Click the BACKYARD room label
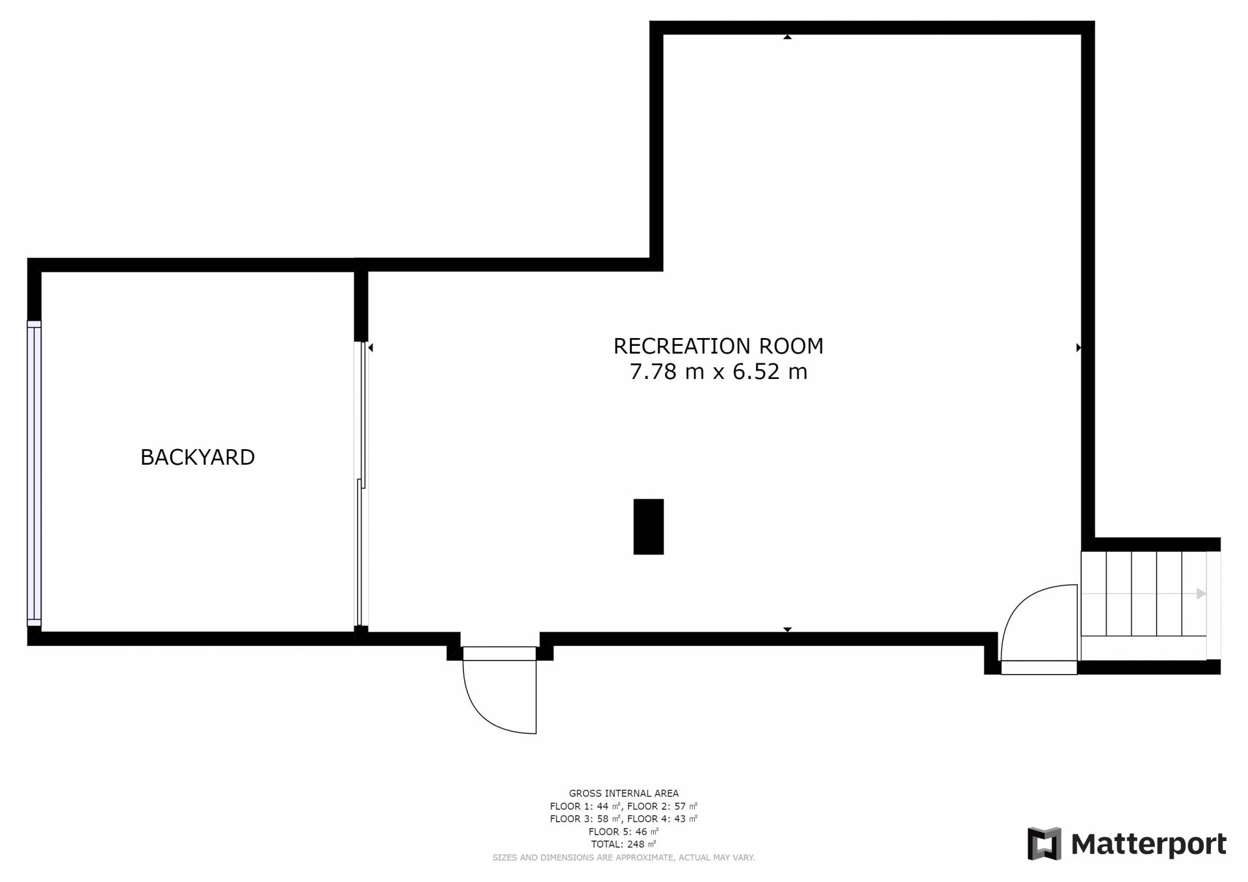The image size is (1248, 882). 198,458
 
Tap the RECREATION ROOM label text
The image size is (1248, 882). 718,346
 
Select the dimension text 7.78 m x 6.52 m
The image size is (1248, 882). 718,372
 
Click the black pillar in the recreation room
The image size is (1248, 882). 649,526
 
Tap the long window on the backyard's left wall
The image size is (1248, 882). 34,473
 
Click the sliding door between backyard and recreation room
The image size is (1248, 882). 361,484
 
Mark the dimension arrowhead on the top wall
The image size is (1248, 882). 787,37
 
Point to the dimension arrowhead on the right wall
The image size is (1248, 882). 1078,348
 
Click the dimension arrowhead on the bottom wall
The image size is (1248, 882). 787,629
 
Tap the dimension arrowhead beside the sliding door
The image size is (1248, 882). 370,348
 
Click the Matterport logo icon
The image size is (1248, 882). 1044,844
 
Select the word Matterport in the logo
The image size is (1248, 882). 1149,844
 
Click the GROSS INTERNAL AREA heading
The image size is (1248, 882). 624,793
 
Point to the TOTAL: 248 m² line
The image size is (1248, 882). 623,844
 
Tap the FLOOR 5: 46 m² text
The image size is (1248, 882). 623,831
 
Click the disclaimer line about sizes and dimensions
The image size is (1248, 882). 624,858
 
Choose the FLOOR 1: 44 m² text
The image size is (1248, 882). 585,806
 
